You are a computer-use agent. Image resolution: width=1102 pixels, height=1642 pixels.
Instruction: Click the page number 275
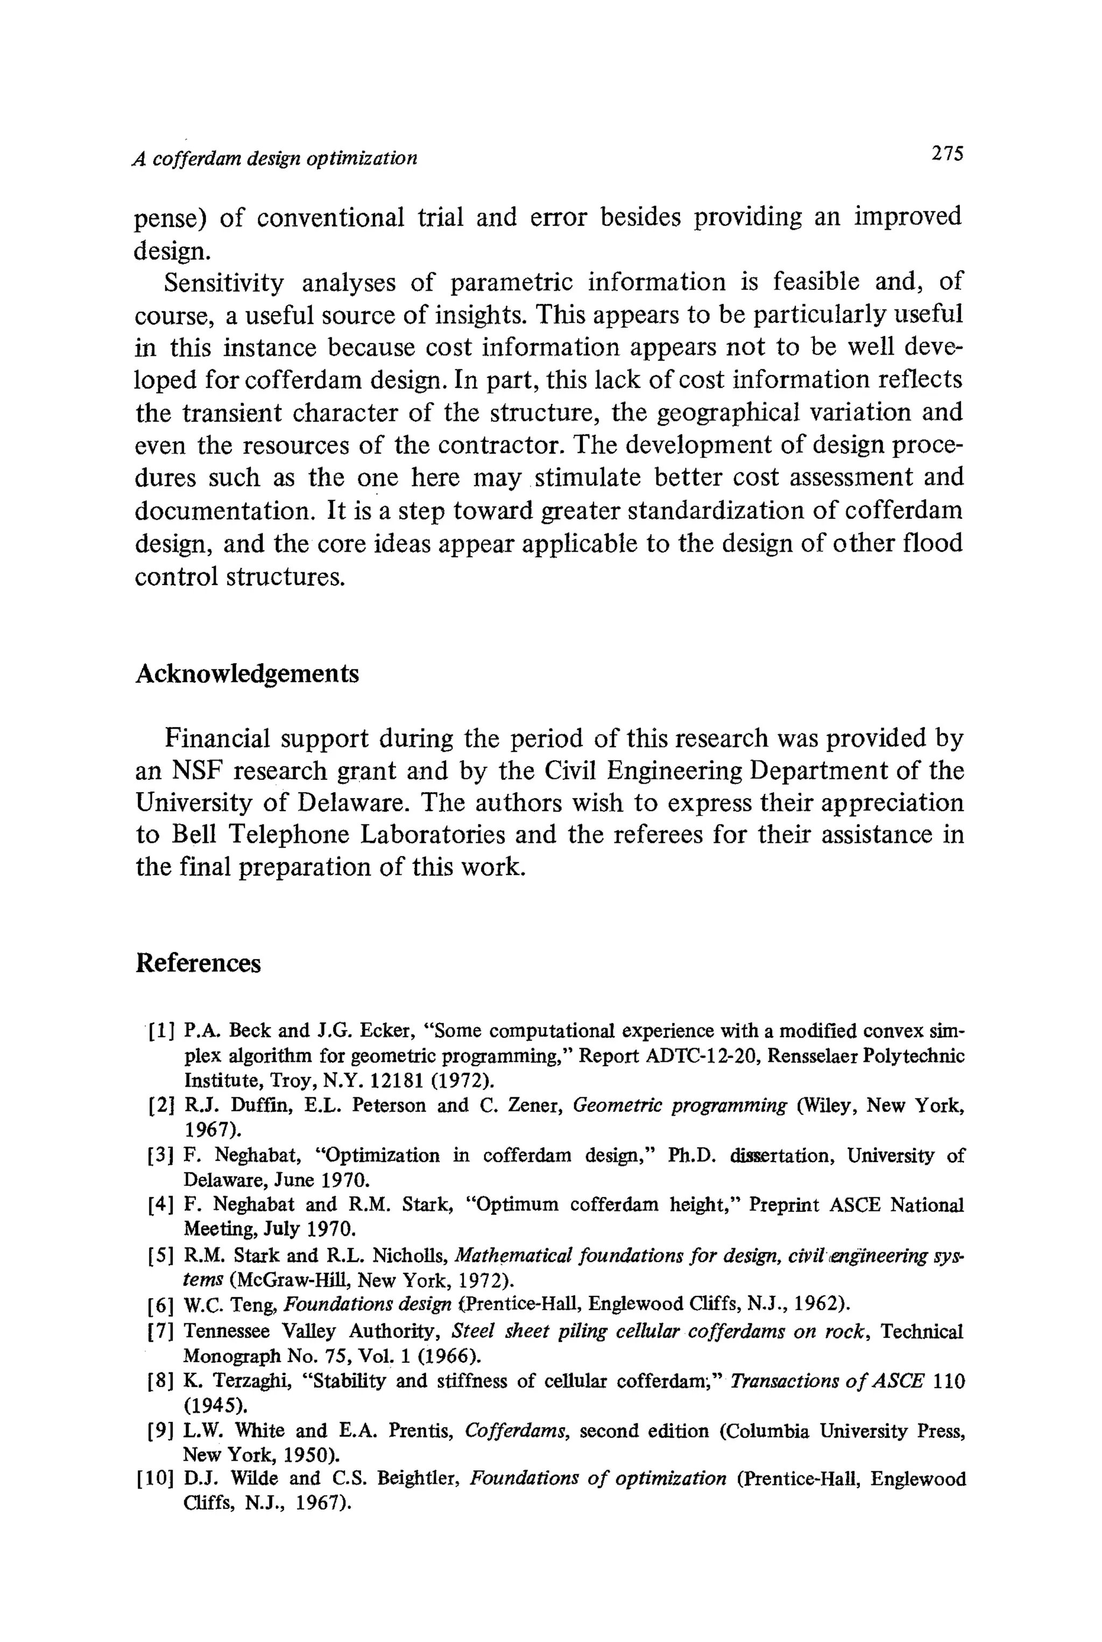click(x=945, y=153)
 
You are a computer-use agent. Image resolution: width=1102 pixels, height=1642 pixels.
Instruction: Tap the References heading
click(x=197, y=962)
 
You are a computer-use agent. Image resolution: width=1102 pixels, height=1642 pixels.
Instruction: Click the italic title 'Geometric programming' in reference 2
click(x=680, y=1105)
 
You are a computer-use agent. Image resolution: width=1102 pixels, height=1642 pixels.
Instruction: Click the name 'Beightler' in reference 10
click(x=418, y=1479)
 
